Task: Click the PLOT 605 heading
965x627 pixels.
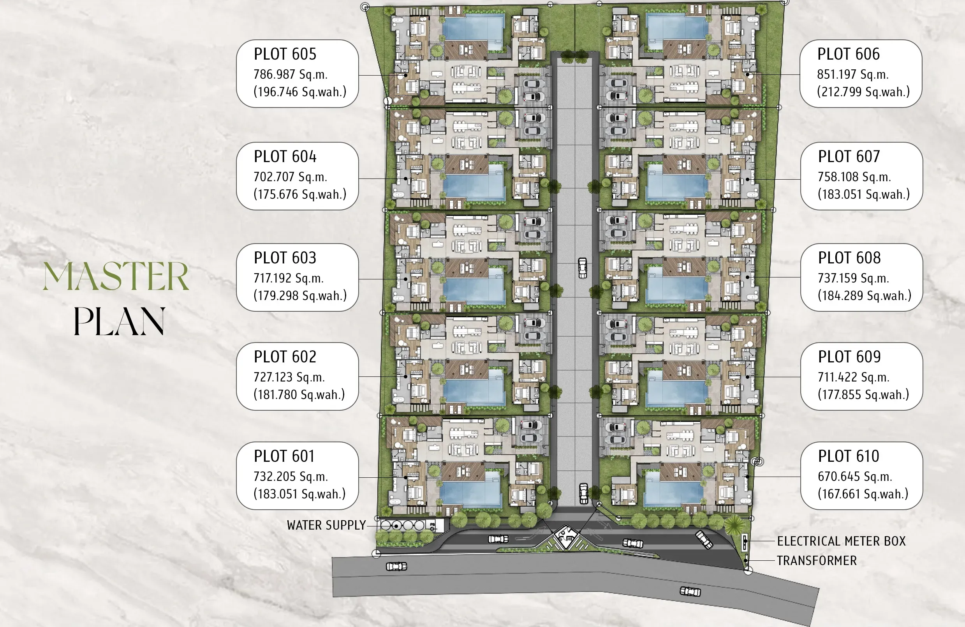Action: pos(285,54)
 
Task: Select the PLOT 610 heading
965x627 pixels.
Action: pos(849,456)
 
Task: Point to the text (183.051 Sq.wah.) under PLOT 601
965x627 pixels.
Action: pos(299,494)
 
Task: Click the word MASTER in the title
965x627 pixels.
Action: pos(116,276)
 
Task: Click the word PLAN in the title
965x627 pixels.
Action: pos(119,321)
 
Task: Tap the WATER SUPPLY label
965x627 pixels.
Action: pos(326,525)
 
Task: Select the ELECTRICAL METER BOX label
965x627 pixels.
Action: pos(841,541)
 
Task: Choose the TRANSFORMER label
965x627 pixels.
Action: pos(817,560)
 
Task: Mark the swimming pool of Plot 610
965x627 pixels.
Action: pos(674,487)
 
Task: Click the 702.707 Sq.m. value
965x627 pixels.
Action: pos(290,177)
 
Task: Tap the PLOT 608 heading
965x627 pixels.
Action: pos(849,258)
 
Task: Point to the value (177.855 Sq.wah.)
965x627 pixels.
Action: pos(864,394)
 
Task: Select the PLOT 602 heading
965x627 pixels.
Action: pos(285,357)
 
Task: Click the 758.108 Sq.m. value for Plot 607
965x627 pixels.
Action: pos(854,177)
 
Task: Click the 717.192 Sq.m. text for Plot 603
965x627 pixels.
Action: pos(289,278)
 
